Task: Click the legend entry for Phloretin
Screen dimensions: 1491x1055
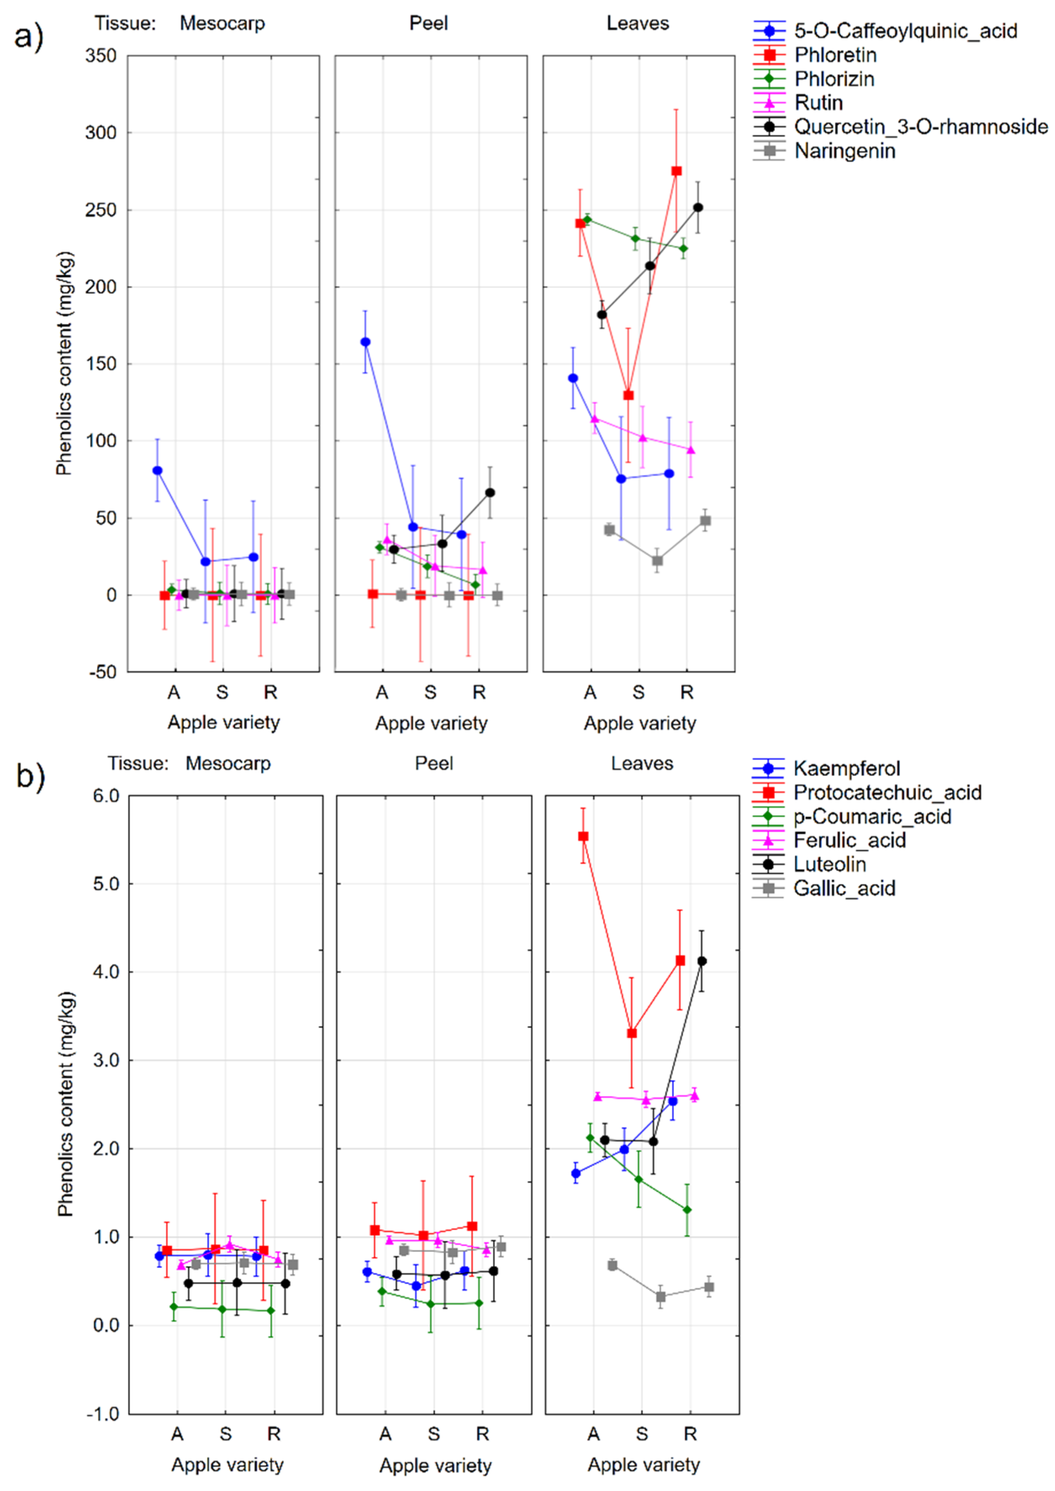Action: pos(835,55)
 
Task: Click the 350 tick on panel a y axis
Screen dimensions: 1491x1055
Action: pos(101,56)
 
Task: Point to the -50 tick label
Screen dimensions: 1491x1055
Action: pos(103,672)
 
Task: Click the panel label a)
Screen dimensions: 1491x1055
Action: pos(29,36)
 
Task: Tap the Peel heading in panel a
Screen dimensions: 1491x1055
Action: pos(428,24)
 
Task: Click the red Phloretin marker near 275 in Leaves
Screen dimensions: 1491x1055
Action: pos(676,171)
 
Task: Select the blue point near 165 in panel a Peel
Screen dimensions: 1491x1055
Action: pos(366,342)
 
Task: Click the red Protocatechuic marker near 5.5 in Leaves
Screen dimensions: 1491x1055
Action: pos(583,837)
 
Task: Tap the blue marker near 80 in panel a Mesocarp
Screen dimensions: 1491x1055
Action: pos(157,470)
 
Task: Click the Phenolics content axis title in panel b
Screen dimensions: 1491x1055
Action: pos(66,1104)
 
